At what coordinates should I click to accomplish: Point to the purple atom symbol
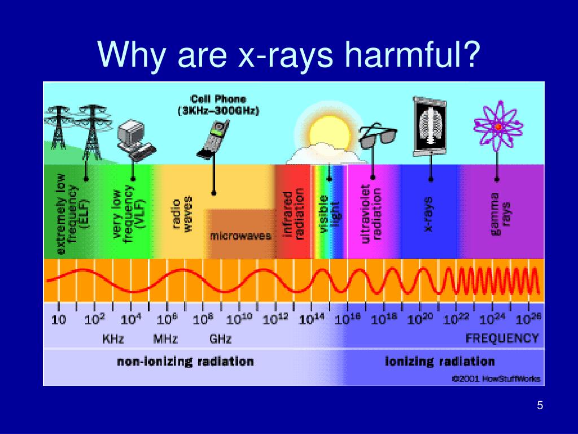click(497, 127)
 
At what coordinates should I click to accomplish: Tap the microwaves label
click(241, 236)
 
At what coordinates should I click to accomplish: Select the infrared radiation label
click(294, 215)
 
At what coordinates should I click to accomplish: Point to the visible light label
click(330, 212)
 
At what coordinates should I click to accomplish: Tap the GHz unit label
click(220, 340)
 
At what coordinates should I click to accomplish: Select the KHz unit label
click(113, 340)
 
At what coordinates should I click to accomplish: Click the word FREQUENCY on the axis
click(502, 338)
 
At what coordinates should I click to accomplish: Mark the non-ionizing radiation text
click(185, 362)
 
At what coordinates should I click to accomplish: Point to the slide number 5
click(540, 406)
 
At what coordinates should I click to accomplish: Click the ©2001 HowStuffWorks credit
click(496, 379)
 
